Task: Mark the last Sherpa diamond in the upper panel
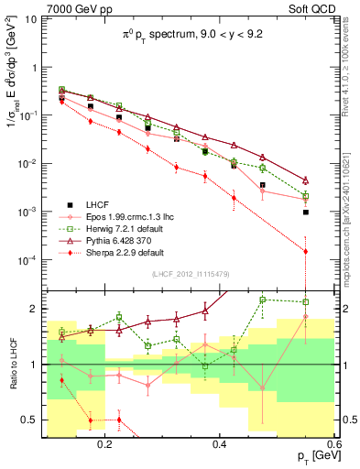point(306,251)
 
